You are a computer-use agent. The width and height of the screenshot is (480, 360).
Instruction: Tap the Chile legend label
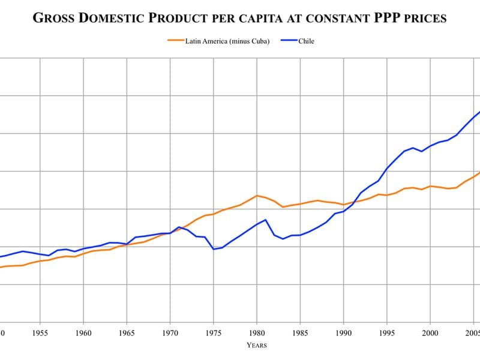pos(306,41)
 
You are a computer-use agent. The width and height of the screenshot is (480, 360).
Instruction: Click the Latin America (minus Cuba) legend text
pos(227,41)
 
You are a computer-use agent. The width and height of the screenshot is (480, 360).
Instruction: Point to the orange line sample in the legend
pos(175,41)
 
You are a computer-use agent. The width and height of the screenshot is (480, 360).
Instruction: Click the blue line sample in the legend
pos(288,41)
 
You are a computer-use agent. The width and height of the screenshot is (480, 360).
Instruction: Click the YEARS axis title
pos(257,345)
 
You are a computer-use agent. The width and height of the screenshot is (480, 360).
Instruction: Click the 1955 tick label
pos(40,332)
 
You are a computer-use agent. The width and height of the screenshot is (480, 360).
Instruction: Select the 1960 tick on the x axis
pos(83,332)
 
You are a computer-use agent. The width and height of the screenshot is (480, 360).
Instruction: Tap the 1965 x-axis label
pos(127,332)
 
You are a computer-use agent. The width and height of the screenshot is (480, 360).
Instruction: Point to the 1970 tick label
pos(170,332)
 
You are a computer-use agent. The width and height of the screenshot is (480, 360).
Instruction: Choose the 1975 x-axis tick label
pos(213,332)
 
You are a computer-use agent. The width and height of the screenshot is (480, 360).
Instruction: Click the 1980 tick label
pos(257,332)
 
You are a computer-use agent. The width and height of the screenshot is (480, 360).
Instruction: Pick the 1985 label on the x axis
pos(300,332)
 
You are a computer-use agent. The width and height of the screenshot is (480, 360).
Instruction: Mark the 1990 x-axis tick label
pos(343,332)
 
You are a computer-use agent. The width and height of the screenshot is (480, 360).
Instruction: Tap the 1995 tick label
pos(387,332)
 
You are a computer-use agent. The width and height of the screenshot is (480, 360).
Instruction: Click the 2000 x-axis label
pos(430,332)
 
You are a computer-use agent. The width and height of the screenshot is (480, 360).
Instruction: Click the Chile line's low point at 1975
pos(214,249)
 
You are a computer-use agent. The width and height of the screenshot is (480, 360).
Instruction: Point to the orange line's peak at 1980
pos(257,196)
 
